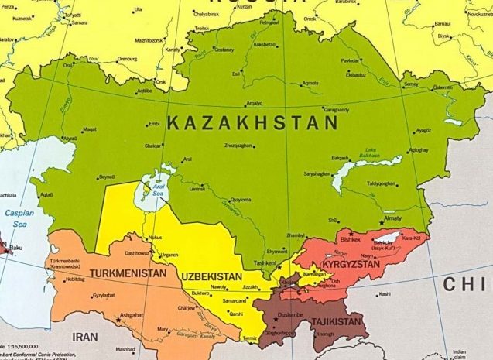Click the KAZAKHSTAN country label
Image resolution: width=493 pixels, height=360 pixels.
(252, 122)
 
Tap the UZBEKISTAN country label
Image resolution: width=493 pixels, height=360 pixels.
(213, 276)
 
